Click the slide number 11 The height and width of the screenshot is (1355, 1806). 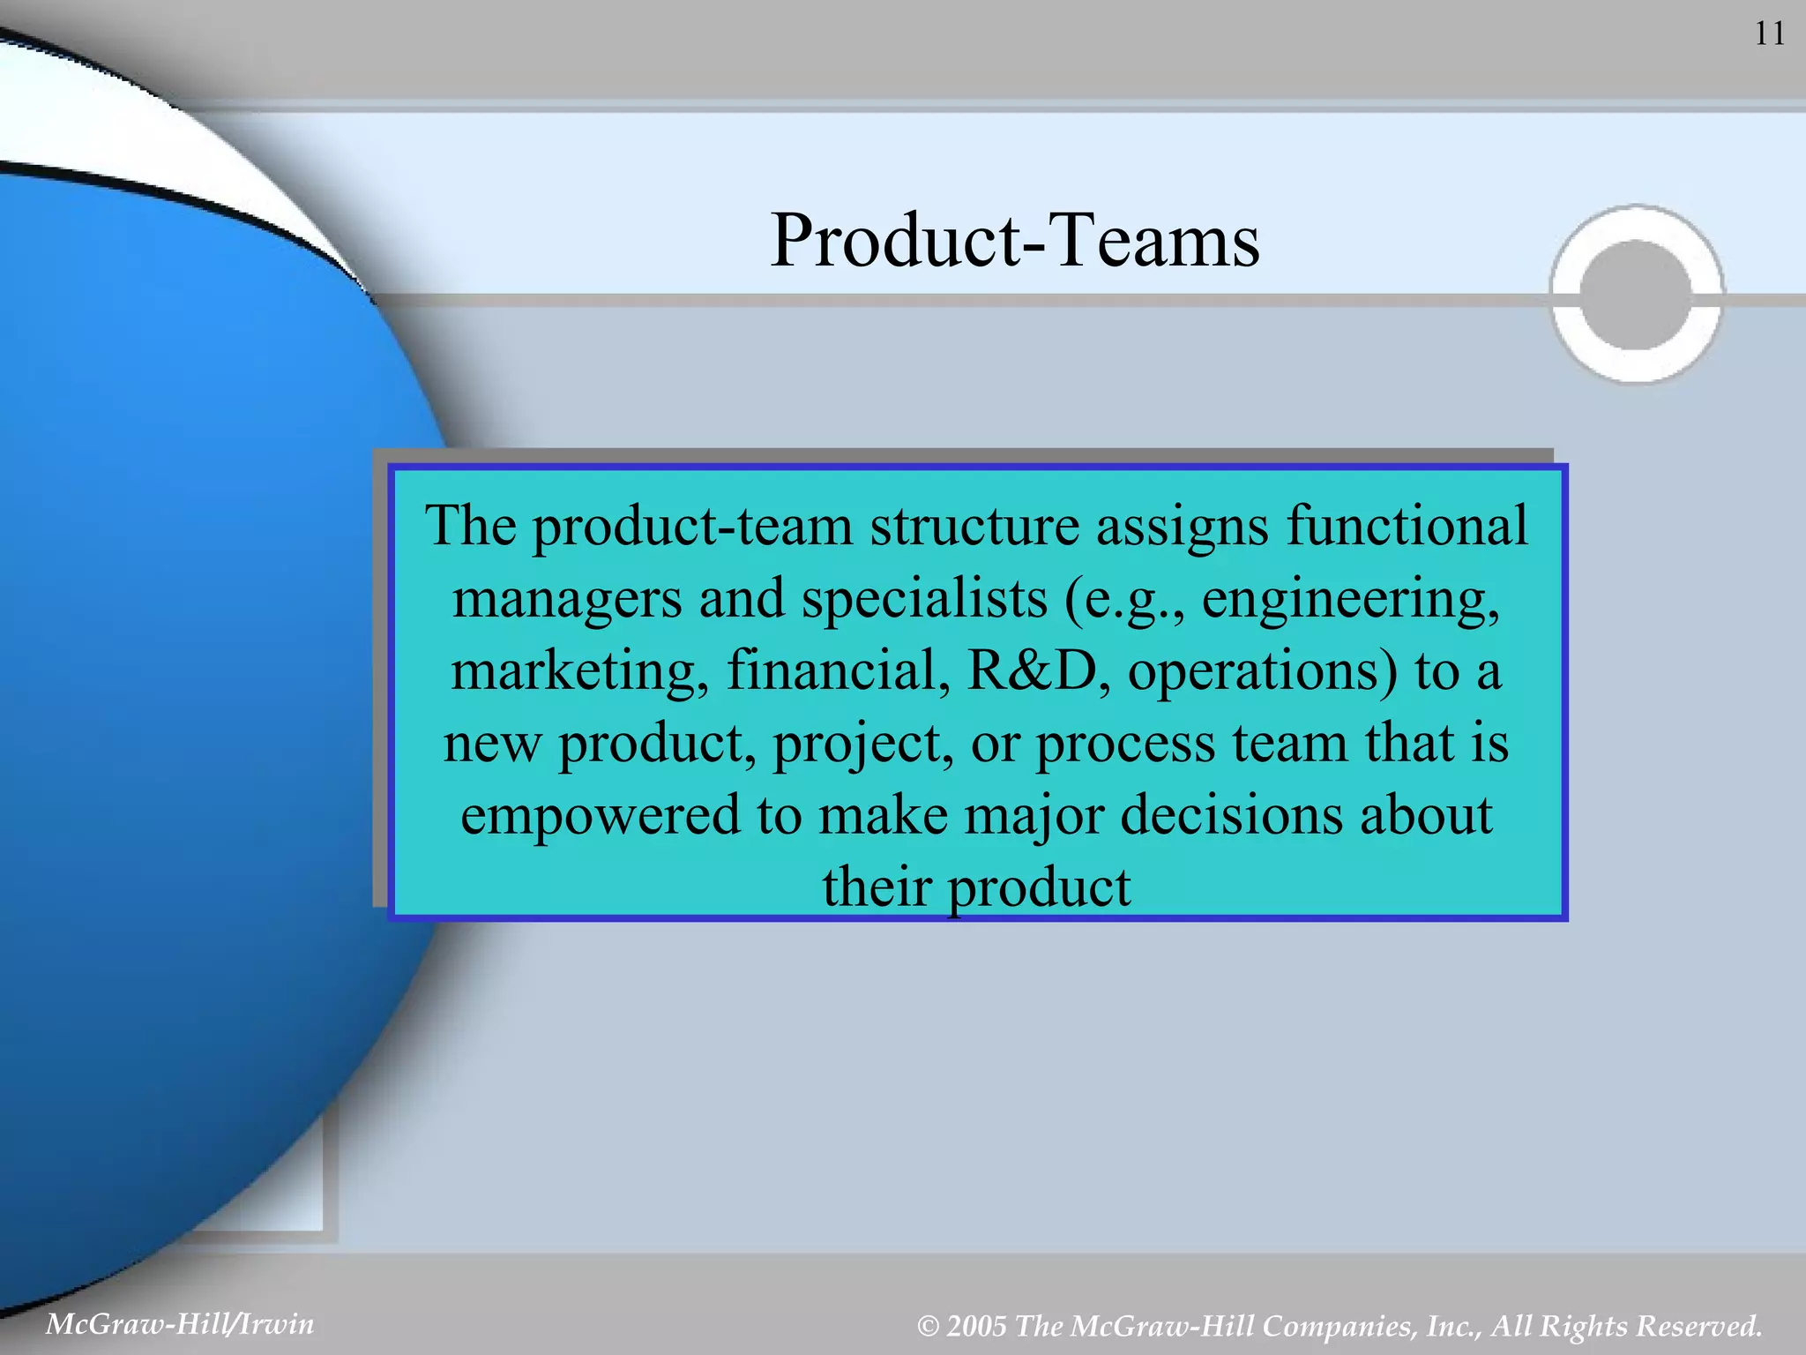pos(1769,34)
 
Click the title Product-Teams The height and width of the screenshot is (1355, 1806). pos(1015,240)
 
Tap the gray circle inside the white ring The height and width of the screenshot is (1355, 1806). pos(1636,295)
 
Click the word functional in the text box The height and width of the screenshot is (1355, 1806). pos(1407,526)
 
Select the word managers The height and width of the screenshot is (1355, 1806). pos(567,600)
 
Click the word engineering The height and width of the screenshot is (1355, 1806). pos(1349,600)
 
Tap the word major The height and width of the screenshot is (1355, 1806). pos(1034,817)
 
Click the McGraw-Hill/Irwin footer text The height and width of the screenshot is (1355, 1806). pos(180,1324)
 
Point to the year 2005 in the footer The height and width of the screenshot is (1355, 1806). pos(976,1326)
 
